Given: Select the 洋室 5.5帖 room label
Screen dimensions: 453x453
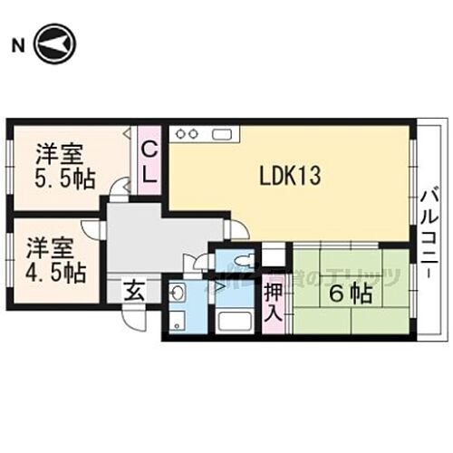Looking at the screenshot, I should tap(62, 165).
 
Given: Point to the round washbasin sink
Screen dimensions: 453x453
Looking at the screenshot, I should tap(178, 292).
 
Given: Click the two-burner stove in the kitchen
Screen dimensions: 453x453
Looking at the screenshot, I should tap(187, 134).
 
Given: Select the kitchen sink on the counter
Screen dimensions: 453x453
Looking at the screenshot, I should tap(223, 134).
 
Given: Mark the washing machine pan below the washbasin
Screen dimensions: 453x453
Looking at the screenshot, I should tap(178, 321).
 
